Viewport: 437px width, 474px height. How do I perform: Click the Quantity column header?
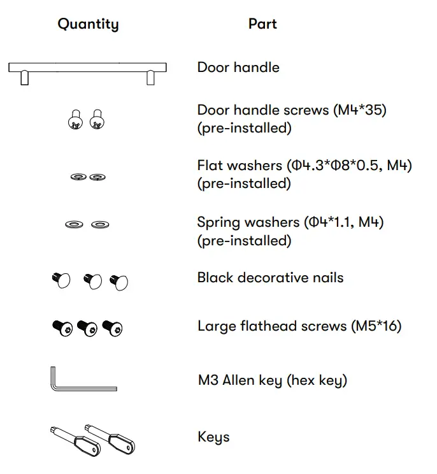click(88, 24)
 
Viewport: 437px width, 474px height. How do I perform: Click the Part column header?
click(262, 24)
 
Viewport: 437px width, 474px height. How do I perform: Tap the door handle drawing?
click(87, 68)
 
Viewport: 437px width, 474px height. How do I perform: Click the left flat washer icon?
click(79, 176)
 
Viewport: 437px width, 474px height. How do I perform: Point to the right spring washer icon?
click(99, 224)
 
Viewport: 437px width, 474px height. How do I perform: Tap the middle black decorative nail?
click(93, 280)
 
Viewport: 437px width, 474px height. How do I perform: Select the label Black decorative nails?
click(270, 278)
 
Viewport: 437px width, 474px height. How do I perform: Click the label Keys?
click(213, 438)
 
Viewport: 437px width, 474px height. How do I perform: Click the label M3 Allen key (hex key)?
click(272, 381)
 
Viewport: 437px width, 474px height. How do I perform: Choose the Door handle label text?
click(238, 68)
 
